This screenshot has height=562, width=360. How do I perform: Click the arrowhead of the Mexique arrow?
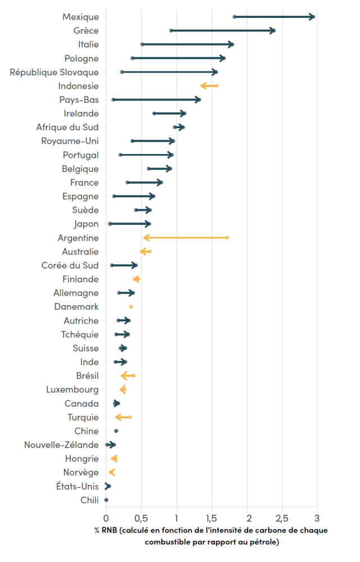[x=312, y=17]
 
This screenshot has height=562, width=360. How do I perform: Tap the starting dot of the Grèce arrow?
[x=171, y=30]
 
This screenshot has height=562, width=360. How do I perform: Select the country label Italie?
[x=88, y=44]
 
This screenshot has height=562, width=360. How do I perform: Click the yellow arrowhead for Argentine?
[x=147, y=238]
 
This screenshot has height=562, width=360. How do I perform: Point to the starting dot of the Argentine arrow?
[x=227, y=238]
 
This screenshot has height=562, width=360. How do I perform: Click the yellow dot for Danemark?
[x=131, y=307]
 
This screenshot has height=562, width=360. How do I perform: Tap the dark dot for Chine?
[x=116, y=431]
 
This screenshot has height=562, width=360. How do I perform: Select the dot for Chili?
[x=106, y=500]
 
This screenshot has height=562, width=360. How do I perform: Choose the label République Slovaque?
[x=54, y=72]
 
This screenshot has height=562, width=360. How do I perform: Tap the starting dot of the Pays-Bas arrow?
[x=113, y=99]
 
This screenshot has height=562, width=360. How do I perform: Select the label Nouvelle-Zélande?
[x=61, y=445]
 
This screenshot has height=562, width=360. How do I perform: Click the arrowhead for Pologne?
[x=223, y=58]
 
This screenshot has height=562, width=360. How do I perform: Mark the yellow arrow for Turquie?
[x=122, y=417]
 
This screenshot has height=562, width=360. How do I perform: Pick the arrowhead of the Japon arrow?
[x=148, y=224]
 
